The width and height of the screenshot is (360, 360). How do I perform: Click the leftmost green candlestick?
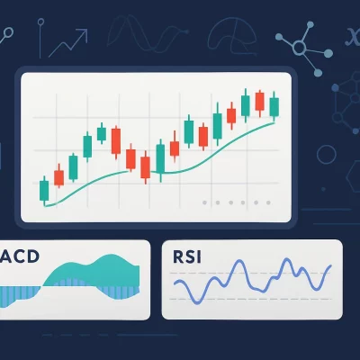coord(43,190)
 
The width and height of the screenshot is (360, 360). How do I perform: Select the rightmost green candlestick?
coord(274,105)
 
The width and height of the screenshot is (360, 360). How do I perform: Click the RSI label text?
coord(187,256)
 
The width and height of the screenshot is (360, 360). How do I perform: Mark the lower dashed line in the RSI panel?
coord(252,299)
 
